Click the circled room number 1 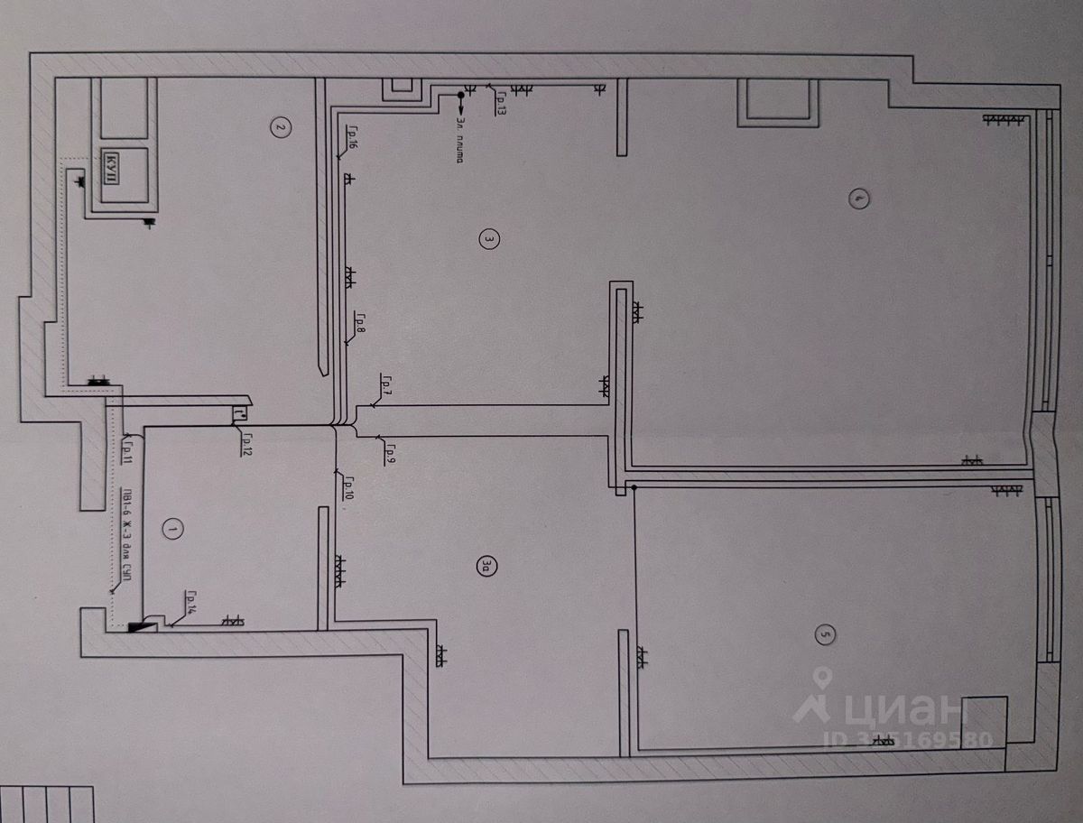[x=171, y=530]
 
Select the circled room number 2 [x=280, y=127]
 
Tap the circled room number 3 [x=488, y=239]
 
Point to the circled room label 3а [x=488, y=566]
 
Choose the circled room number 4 [x=860, y=199]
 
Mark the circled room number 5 [x=823, y=635]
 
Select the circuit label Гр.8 [x=359, y=322]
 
